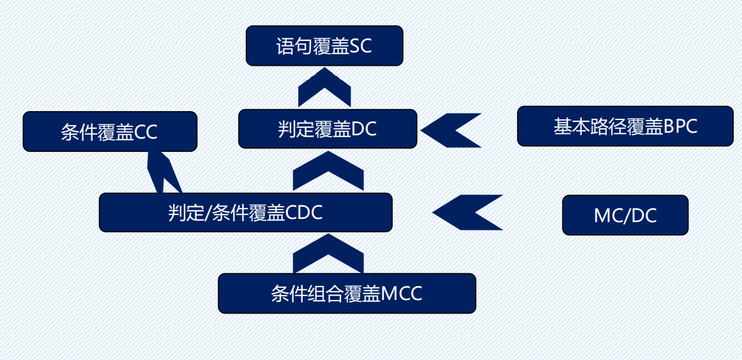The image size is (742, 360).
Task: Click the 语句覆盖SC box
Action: [x=324, y=45]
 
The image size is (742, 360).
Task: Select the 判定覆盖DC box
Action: [x=328, y=129]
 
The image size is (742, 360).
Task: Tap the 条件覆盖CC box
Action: [x=110, y=131]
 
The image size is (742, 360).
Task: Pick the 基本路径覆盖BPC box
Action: [x=625, y=126]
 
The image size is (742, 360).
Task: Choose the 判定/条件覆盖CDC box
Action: [x=245, y=213]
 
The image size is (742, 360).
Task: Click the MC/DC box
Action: [x=625, y=215]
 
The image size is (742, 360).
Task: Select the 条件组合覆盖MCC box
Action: [x=347, y=293]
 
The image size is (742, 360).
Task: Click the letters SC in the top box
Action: [x=361, y=46]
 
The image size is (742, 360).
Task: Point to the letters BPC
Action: [x=680, y=126]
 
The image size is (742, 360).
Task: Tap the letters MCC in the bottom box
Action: [x=402, y=294]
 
